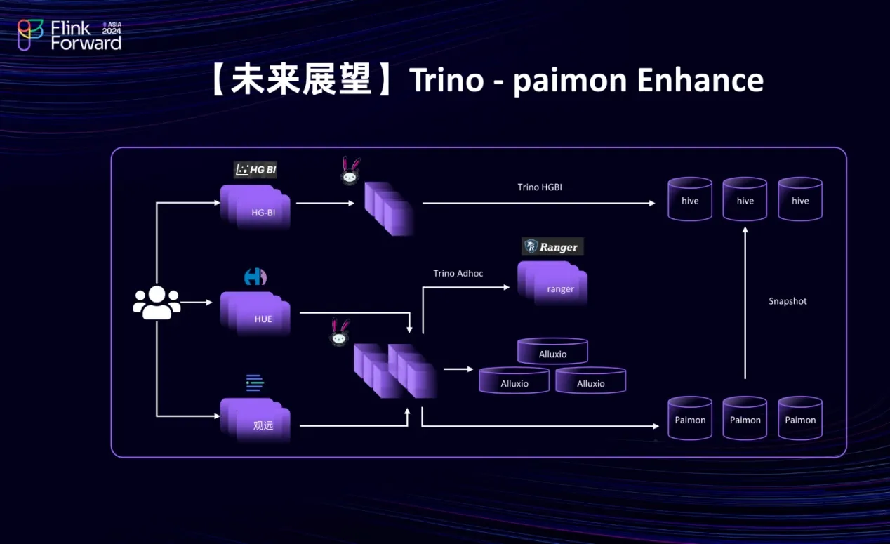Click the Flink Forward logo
69,35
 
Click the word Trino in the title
447,81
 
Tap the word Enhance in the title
700,81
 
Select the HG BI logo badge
255,169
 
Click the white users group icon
157,303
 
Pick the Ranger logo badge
553,246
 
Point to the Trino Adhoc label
458,273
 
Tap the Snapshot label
788,301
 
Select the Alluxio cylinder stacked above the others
552,352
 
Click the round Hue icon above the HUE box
255,277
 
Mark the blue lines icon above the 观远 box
255,383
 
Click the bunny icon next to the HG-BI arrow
350,171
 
